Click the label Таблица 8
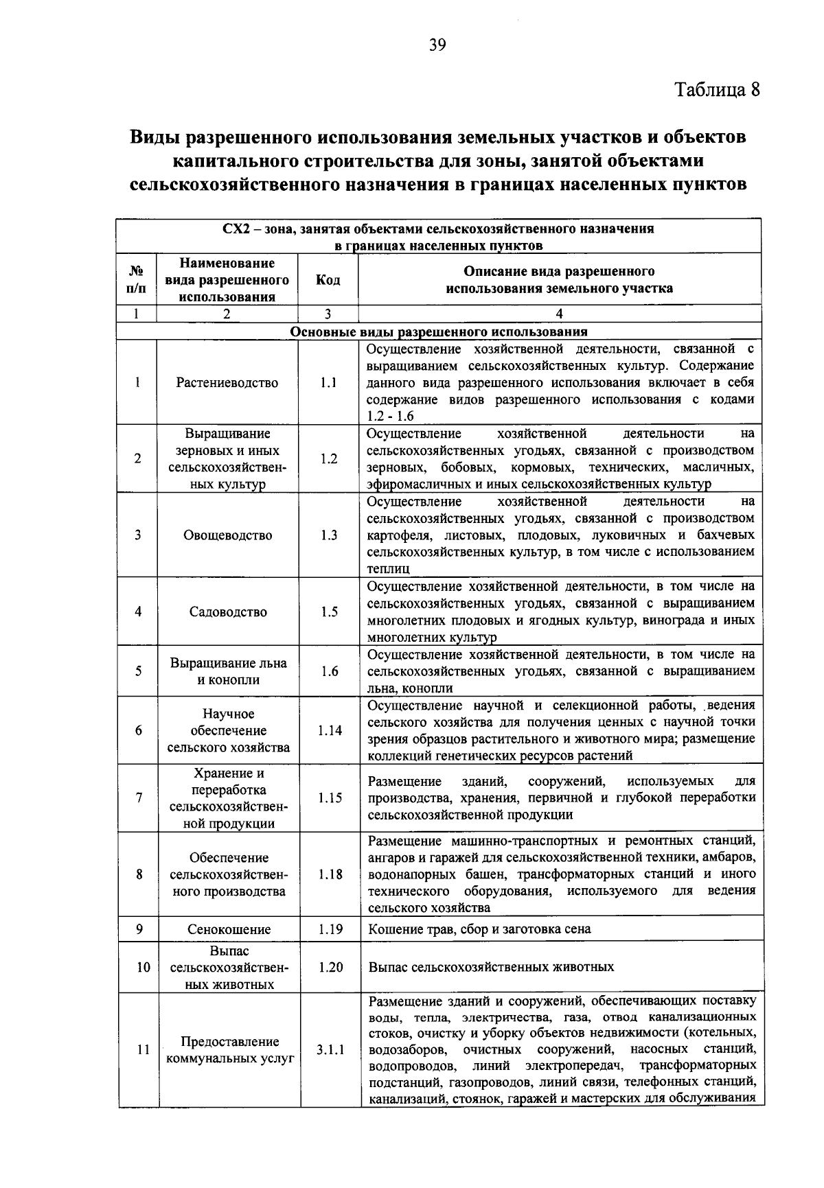(x=718, y=90)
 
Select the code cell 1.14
(x=330, y=730)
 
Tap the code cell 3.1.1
(x=330, y=1049)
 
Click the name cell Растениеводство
(x=227, y=382)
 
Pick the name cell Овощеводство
(x=227, y=535)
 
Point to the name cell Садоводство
(x=228, y=612)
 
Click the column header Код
(x=328, y=279)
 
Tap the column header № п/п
(x=137, y=279)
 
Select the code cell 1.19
(x=330, y=929)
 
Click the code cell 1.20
(x=330, y=967)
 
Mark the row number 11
(x=143, y=1049)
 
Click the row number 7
(x=139, y=797)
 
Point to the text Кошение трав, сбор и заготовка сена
(x=479, y=929)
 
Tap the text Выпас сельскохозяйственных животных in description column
(x=491, y=967)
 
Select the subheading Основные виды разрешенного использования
(x=439, y=331)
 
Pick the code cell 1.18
(x=330, y=874)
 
